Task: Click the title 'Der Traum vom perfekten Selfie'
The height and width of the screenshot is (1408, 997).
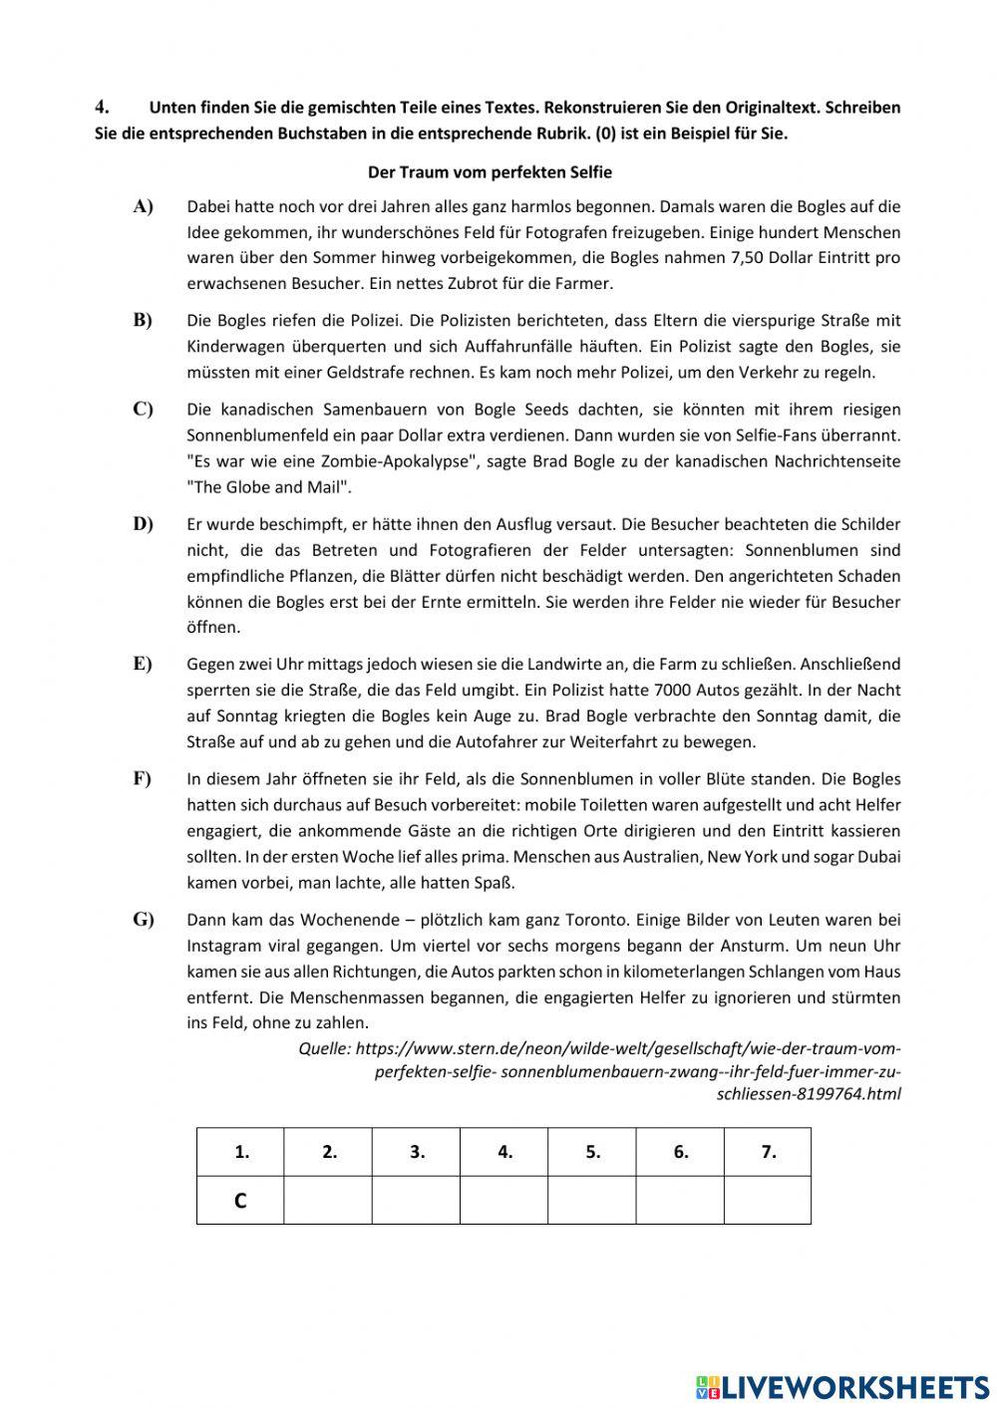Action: pos(490,172)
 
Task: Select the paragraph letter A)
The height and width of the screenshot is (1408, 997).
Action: pos(143,206)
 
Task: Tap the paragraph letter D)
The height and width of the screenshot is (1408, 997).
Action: pos(143,524)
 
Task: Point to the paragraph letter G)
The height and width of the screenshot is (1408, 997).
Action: pos(144,920)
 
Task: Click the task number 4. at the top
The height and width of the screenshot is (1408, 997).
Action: pos(101,107)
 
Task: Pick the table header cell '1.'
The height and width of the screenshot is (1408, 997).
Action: pos(240,1152)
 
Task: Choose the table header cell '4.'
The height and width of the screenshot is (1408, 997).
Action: pos(504,1152)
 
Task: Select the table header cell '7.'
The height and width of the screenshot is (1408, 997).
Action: pos(768,1152)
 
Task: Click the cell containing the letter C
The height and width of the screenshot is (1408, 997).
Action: pos(240,1201)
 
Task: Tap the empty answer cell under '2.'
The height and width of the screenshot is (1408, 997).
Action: pos(328,1201)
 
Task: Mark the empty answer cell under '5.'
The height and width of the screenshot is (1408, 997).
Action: pos(592,1201)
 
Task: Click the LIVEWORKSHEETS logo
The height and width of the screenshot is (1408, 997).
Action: pos(841,1386)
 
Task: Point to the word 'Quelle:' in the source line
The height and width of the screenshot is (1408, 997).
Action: pos(324,1048)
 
